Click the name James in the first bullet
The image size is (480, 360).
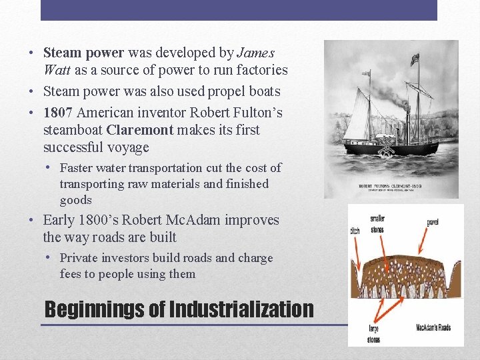257,52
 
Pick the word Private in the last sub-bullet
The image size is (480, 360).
79,258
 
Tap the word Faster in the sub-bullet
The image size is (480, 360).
79,168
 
